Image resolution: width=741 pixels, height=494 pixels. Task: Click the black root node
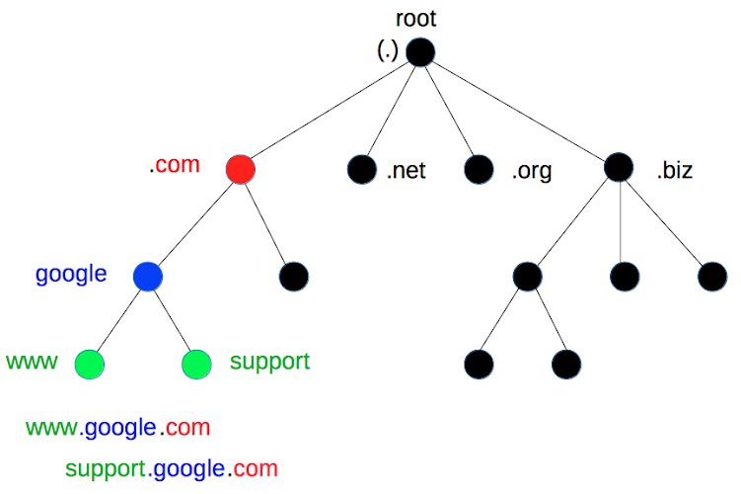419,51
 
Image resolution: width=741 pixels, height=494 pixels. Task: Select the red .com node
241,169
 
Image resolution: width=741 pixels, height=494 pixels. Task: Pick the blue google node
148,276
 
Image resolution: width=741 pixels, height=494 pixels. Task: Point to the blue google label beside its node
71,274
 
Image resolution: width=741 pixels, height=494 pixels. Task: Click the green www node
89,365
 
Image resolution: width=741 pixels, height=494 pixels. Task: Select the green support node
197,365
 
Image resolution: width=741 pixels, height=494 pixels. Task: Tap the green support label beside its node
269,362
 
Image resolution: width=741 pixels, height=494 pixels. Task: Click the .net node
361,170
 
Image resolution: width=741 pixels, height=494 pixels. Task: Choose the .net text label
406,172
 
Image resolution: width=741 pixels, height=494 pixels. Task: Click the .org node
479,170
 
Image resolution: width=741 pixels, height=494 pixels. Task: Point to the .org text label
531,172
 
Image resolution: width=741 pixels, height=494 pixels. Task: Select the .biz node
619,168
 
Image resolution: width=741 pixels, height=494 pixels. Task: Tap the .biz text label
674,172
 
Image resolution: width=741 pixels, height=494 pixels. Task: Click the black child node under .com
294,276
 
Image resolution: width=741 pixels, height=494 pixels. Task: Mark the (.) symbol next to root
388,51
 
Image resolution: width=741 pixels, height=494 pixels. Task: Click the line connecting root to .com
331,110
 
